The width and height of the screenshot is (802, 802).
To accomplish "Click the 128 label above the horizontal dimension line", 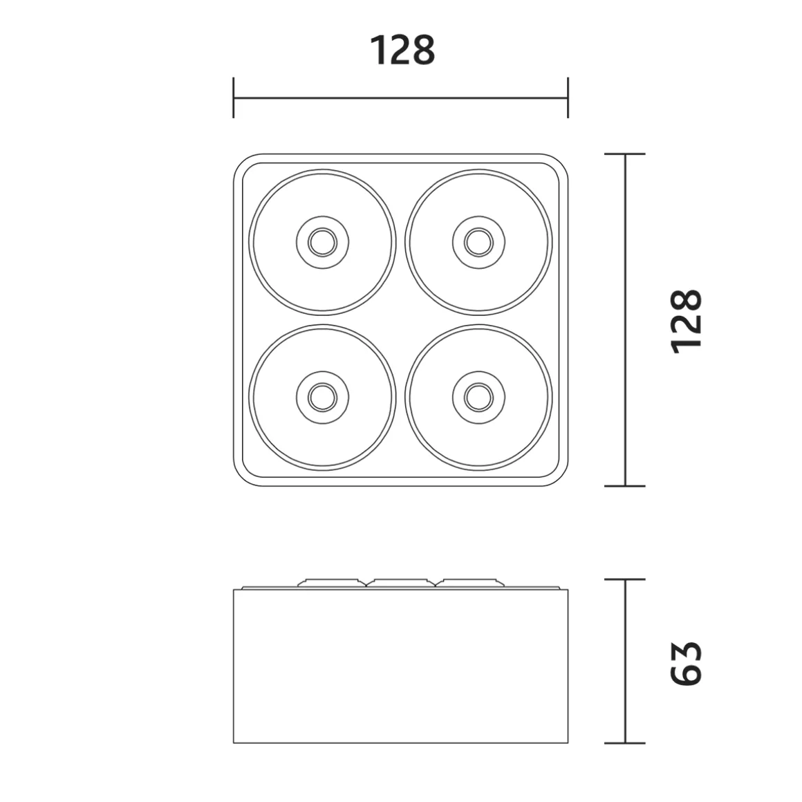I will (402, 50).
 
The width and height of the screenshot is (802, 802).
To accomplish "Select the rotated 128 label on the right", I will (687, 321).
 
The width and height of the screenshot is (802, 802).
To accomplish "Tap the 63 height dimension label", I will (687, 662).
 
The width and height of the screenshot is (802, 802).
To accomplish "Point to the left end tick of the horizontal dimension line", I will (234, 97).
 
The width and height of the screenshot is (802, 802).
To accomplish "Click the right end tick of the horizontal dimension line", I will (568, 97).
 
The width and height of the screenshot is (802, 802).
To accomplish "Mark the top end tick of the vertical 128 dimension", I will (625, 154).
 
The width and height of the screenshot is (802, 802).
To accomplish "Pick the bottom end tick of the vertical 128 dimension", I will (625, 486).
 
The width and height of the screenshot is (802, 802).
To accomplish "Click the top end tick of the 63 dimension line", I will (625, 579).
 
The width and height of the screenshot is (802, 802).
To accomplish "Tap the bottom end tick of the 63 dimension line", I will (625, 743).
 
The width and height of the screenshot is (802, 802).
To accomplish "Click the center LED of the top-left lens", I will (322, 242).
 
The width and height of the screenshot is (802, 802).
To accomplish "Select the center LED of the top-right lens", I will (478, 242).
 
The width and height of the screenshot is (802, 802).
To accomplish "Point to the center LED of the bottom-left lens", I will (322, 397).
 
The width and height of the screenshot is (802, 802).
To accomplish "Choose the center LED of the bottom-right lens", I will (478, 397).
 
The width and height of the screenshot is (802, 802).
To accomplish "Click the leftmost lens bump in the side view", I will (332, 583).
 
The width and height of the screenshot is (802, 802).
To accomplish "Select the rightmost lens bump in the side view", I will (472, 583).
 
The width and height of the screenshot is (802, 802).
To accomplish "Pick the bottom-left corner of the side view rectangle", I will (234, 743).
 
